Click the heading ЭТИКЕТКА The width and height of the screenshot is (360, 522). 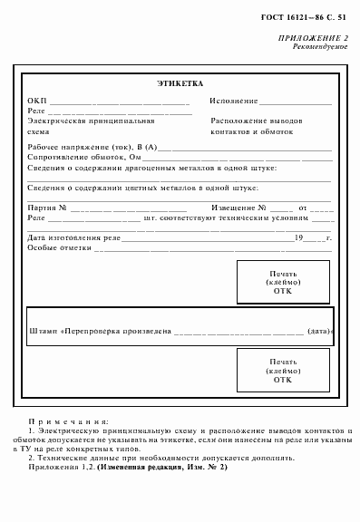tap(180, 83)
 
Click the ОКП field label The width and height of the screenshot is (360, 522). tap(36, 101)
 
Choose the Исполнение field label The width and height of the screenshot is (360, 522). tap(234, 101)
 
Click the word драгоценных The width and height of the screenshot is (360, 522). tap(165, 168)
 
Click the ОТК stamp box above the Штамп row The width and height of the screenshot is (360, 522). tap(282, 281)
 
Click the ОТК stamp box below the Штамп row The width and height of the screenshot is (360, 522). tap(282, 370)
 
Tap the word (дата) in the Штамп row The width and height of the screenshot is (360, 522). tap(320, 332)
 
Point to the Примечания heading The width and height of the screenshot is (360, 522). tap(69, 421)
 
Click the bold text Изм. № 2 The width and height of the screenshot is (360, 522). tap(205, 466)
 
